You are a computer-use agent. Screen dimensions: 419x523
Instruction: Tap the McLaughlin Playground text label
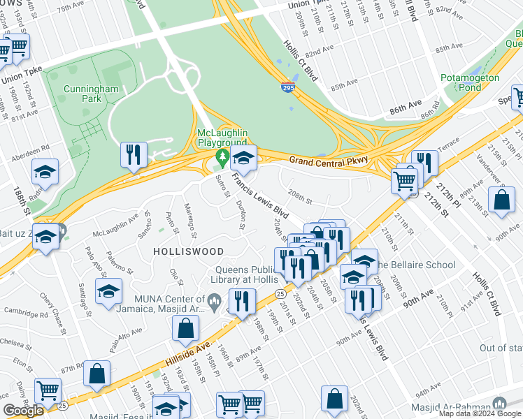point(223,138)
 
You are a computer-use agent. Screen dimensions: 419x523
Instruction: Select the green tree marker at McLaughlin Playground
point(223,157)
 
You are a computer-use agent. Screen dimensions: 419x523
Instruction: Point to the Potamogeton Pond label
point(471,82)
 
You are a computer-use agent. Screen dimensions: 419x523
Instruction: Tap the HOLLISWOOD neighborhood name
point(189,251)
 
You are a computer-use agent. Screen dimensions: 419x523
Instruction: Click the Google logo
point(24,411)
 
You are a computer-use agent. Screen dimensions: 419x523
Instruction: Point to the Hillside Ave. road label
point(189,351)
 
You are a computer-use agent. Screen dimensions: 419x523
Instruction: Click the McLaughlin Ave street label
point(115,225)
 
